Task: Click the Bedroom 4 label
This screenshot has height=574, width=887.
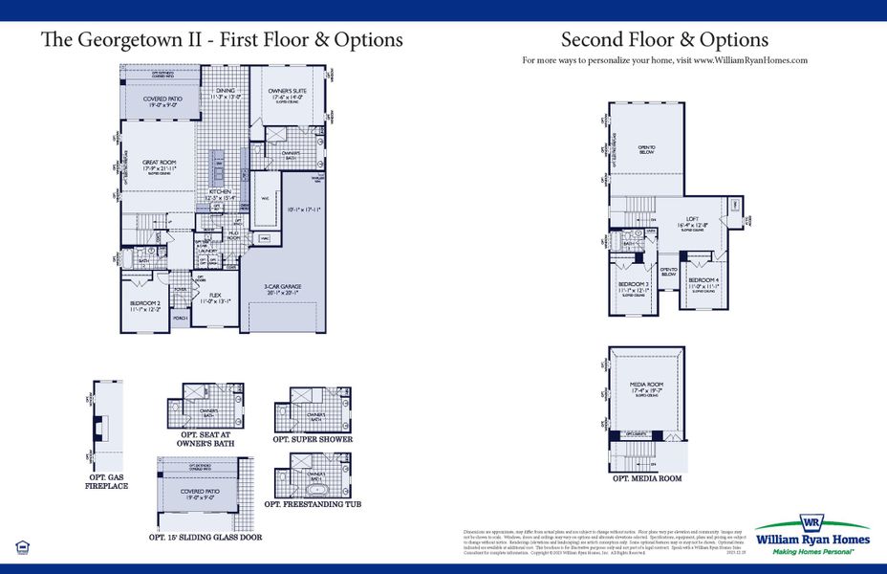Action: [x=704, y=283]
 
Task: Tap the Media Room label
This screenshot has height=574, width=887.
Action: [x=647, y=388]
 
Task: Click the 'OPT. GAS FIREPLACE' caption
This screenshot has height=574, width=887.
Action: [x=105, y=480]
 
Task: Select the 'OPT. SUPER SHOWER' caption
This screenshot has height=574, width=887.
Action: [x=313, y=439]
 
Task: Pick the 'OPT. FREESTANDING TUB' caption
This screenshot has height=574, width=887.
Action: [x=313, y=503]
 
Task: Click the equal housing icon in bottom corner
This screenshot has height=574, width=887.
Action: [x=21, y=547]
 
